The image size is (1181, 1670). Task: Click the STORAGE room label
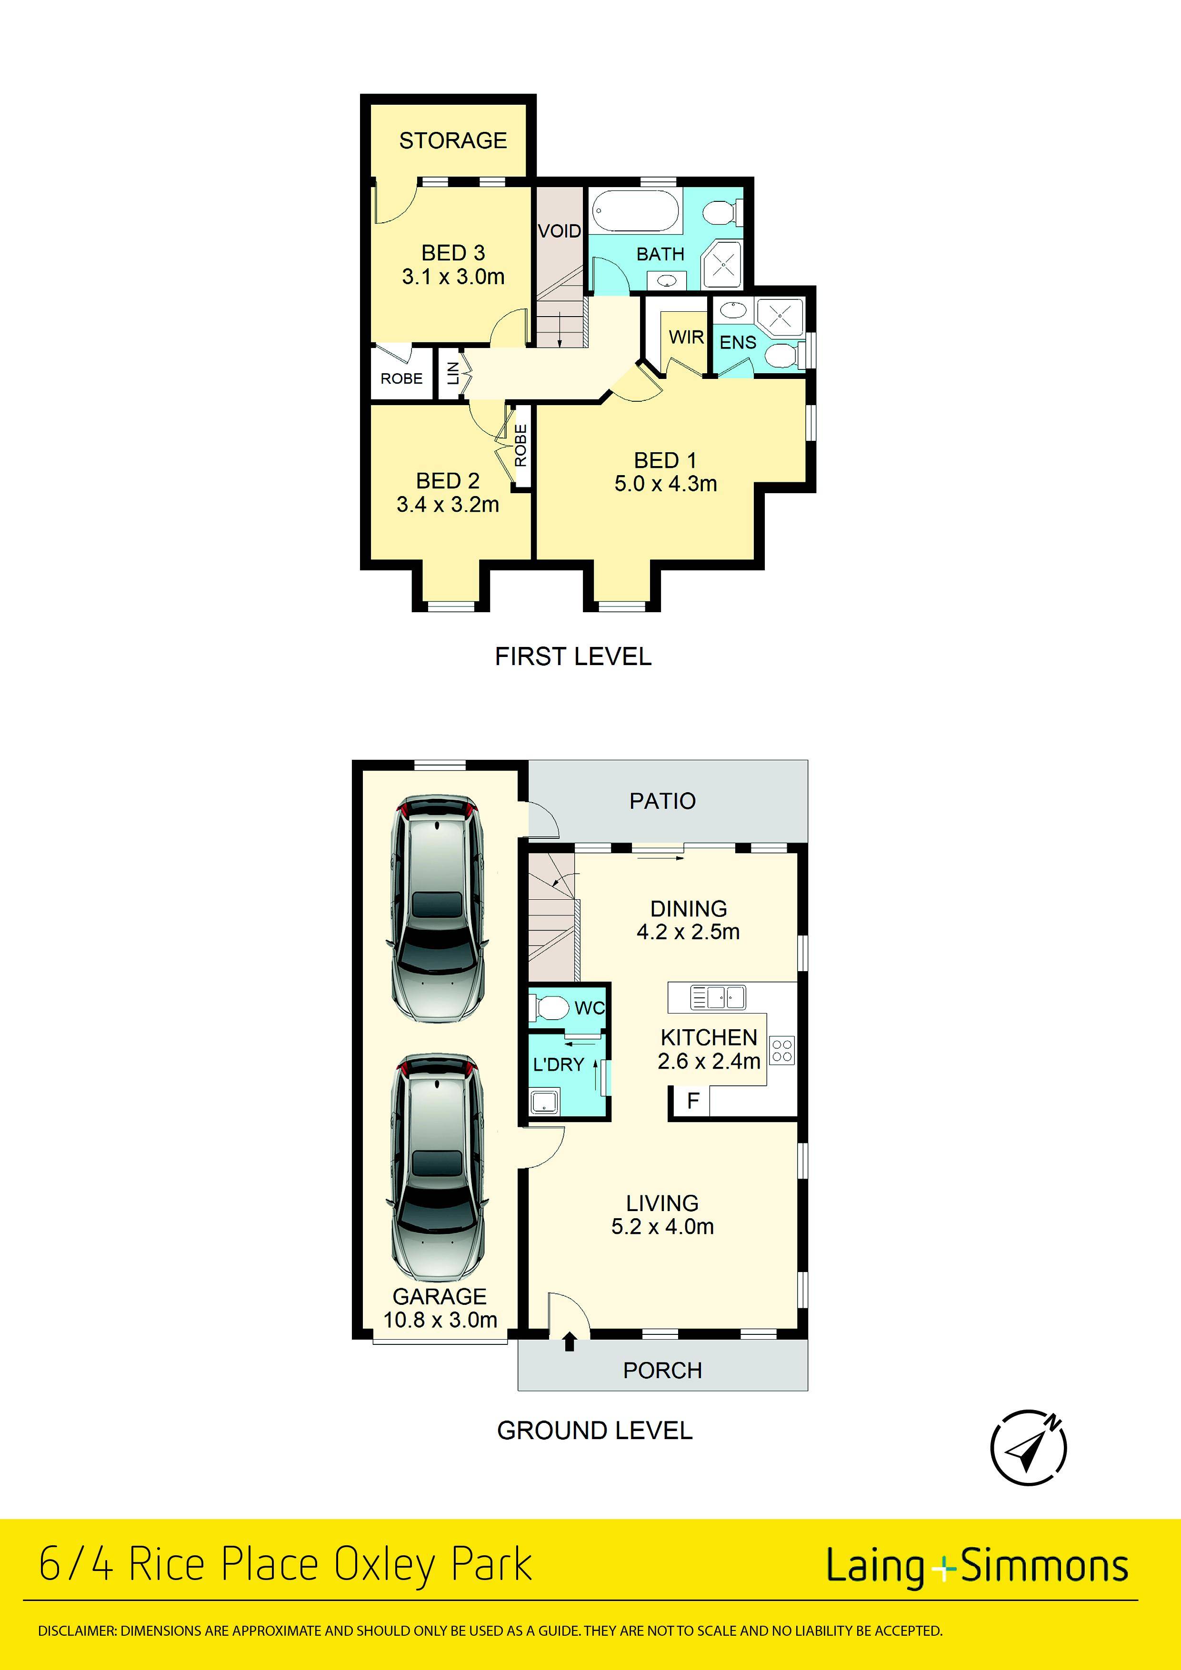click(x=452, y=140)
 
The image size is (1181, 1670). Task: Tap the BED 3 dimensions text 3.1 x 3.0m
click(x=453, y=277)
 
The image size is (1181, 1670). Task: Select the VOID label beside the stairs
click(x=560, y=231)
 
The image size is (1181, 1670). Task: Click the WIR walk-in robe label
click(x=686, y=338)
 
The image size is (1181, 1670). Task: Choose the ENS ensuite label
click(x=738, y=343)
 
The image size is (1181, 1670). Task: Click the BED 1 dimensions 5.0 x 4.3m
click(x=666, y=484)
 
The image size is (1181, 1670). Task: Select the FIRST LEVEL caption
click(x=573, y=657)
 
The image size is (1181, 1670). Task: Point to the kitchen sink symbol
click(x=718, y=997)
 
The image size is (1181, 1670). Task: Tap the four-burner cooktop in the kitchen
click(x=782, y=1050)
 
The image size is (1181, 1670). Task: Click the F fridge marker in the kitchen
click(x=693, y=1101)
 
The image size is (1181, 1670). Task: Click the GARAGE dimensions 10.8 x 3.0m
click(x=440, y=1320)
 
